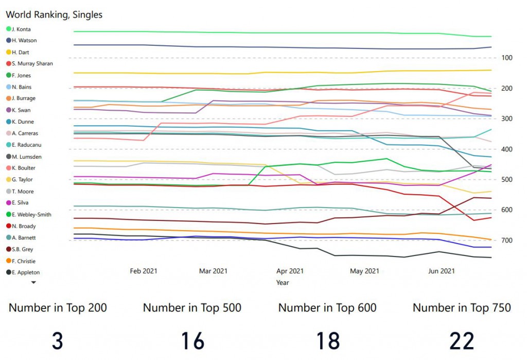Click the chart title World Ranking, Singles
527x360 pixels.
pos(54,14)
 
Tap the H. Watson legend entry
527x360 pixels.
pos(24,40)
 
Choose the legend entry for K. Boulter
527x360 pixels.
pos(24,168)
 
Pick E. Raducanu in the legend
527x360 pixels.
pos(26,145)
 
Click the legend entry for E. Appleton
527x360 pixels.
pos(26,272)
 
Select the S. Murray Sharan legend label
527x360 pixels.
pos(32,63)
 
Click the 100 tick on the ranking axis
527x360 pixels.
pos(506,58)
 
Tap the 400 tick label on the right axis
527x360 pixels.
pos(506,149)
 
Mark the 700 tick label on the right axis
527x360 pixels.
pos(506,241)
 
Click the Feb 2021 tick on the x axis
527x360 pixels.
pos(144,271)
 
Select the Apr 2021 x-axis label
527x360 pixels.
pos(290,271)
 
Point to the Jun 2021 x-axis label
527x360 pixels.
pos(442,271)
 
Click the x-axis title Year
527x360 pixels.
pos(282,282)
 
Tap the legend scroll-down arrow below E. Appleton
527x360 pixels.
pos(34,282)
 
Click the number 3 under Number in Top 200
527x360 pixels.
pos(58,341)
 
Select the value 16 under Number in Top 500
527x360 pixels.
pos(192,341)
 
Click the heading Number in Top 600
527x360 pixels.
pos(327,308)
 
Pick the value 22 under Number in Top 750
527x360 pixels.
pos(462,341)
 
